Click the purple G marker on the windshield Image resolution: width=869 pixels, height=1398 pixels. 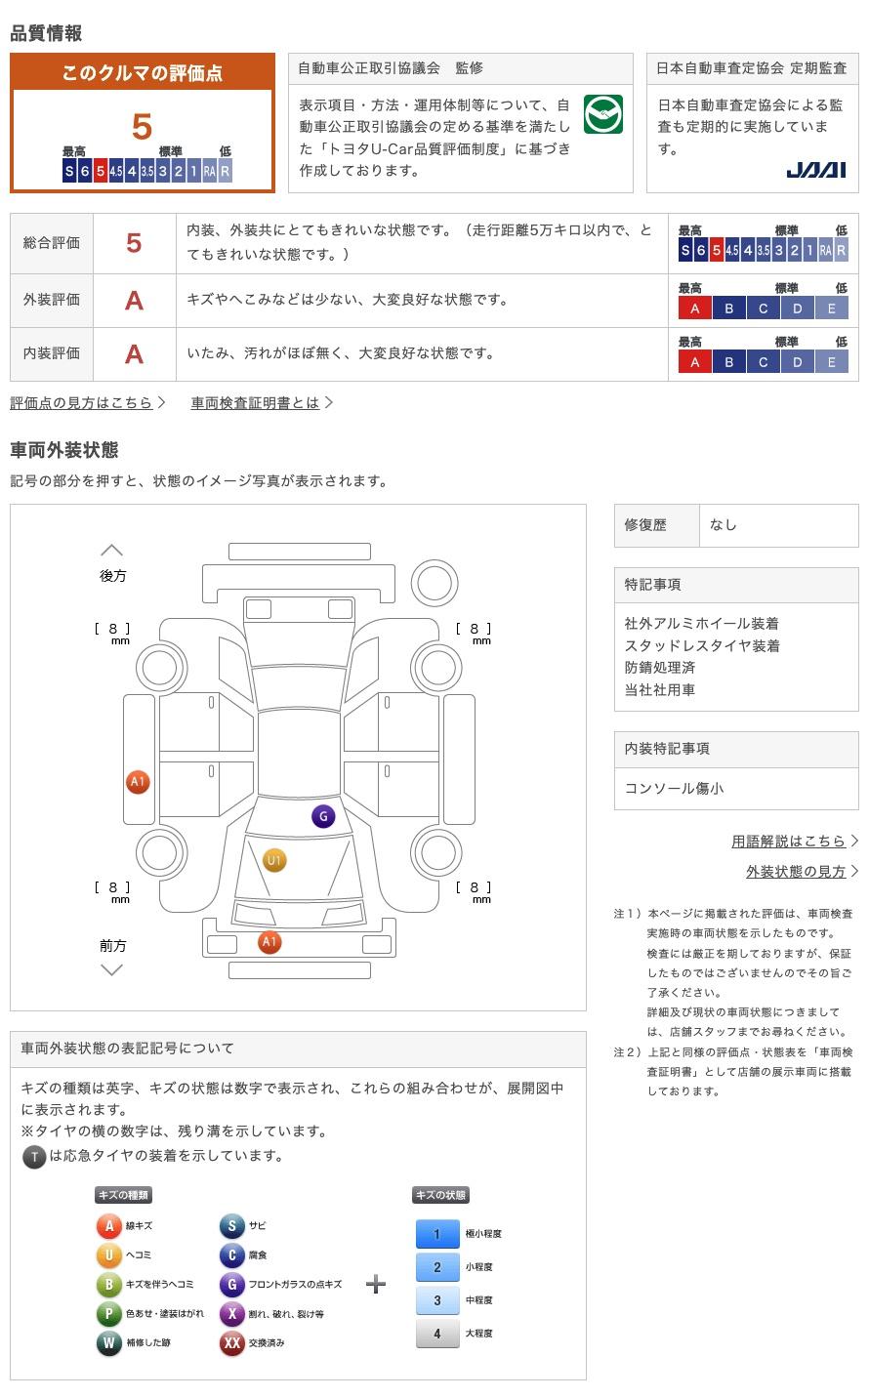323,816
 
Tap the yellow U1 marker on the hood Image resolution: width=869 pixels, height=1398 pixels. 274,860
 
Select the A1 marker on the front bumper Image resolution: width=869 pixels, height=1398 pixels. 269,942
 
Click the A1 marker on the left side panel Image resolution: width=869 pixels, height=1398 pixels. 138,781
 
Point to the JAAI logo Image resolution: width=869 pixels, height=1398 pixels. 815,170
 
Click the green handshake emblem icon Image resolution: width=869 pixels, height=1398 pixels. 602,115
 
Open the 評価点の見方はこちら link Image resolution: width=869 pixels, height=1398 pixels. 82,402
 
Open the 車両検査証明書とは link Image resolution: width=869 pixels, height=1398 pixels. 256,402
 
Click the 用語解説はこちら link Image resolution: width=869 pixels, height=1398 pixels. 789,841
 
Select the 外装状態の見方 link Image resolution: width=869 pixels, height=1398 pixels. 796,871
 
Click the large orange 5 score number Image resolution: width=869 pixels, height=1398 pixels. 143,127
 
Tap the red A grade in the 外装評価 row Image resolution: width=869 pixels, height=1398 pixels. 134,301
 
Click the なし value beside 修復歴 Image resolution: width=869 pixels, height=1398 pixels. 724,525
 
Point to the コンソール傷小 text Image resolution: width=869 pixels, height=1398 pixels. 675,788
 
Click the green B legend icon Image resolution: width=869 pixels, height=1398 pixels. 108,1285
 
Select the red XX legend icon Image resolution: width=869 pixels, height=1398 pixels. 231,1343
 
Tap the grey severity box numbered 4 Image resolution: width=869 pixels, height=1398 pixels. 436,1334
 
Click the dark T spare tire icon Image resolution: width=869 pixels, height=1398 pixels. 34,1157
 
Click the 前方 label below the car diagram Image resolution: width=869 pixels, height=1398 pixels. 112,945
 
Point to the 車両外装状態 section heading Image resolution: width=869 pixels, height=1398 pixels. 64,450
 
